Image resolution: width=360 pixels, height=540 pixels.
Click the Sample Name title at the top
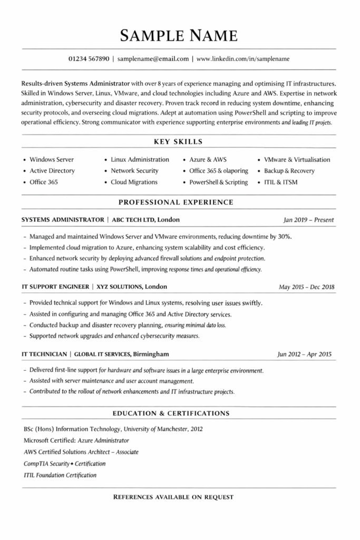[179, 35]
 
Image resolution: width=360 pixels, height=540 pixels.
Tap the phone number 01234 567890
[89, 59]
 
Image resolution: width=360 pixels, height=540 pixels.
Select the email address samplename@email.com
[153, 59]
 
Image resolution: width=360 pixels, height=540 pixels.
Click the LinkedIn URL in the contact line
[243, 59]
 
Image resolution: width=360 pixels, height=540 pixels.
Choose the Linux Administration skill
[140, 159]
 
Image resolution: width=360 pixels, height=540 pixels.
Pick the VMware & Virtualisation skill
[297, 159]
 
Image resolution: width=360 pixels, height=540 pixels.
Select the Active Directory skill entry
[52, 171]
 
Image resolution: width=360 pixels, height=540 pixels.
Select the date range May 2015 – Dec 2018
[306, 287]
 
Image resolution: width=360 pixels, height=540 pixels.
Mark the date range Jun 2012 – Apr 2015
[305, 354]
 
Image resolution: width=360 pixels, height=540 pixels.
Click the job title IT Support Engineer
[55, 287]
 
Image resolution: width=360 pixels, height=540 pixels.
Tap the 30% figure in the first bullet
[285, 236]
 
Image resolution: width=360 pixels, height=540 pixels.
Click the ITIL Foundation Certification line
[60, 475]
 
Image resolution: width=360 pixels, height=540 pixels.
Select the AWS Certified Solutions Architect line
[81, 452]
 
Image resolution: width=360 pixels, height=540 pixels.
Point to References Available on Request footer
[173, 497]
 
